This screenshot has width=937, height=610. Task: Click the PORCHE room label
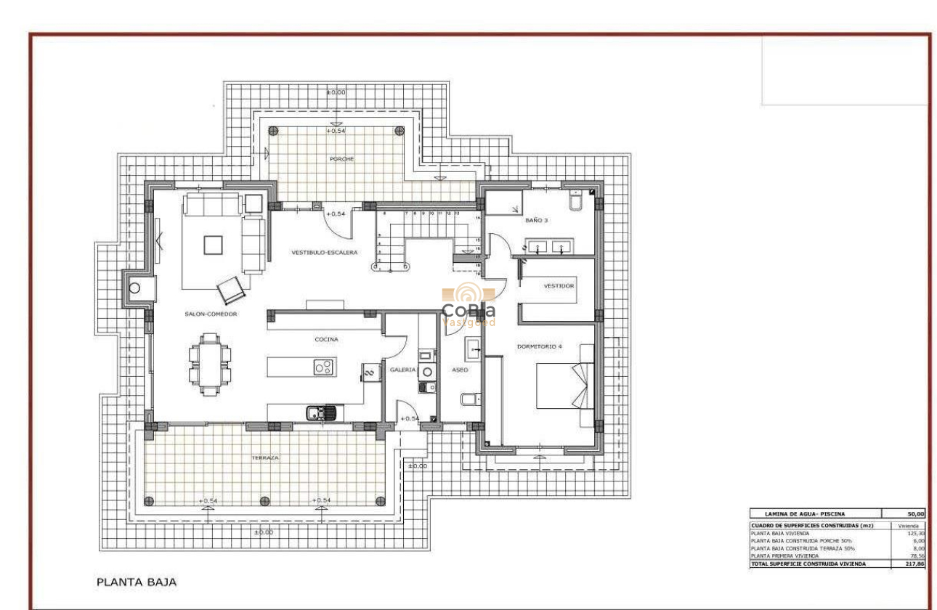[341, 159]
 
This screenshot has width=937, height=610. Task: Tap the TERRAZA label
[266, 458]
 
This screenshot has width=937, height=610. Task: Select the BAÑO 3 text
[536, 219]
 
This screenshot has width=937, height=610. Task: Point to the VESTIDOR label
[559, 286]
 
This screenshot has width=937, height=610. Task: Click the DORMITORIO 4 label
[540, 346]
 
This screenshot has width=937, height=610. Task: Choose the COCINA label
[326, 339]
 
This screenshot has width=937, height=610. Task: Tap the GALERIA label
[402, 370]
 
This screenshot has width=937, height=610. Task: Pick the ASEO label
[461, 370]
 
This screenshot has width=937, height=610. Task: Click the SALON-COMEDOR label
[211, 314]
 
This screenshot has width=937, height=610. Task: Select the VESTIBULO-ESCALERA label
[324, 253]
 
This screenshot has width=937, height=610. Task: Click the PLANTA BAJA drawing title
[137, 582]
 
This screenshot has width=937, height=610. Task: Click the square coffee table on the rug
[214, 245]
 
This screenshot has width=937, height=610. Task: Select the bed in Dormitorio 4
[564, 385]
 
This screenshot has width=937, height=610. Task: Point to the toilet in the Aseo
[470, 399]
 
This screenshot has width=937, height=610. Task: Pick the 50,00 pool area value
[911, 513]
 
